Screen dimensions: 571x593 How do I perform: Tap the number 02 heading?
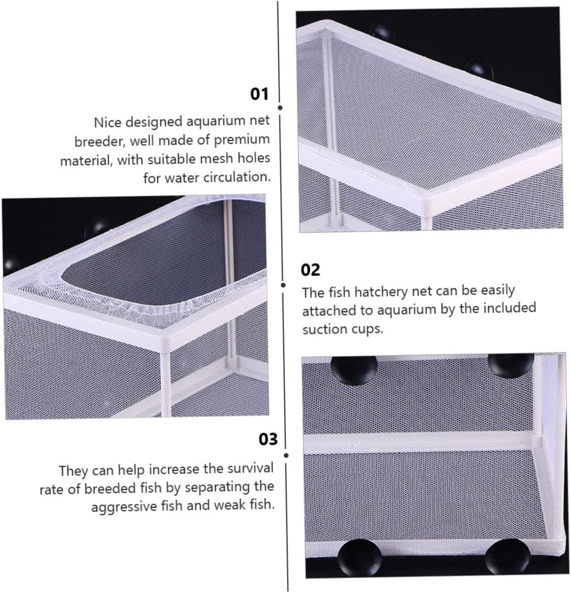click(310, 270)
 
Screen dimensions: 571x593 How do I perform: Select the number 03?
click(268, 439)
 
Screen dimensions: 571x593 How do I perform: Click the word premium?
click(242, 140)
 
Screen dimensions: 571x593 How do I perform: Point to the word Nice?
click(108, 123)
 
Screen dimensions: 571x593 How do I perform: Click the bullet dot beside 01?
click(280, 107)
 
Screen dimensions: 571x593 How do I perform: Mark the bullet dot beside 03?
click(286, 456)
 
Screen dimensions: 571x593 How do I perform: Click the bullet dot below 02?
click(283, 285)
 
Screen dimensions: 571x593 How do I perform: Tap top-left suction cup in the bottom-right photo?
click(354, 370)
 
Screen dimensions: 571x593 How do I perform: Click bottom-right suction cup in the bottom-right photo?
click(507, 557)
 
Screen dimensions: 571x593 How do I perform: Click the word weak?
click(231, 505)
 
